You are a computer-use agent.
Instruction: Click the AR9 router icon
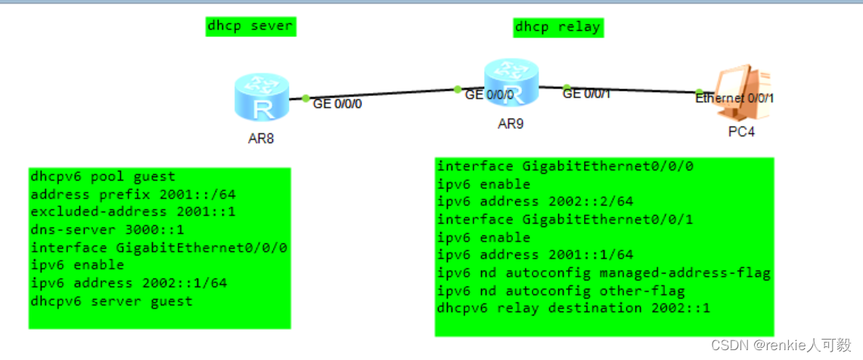[x=511, y=82]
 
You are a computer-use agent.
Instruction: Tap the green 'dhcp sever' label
[x=250, y=26]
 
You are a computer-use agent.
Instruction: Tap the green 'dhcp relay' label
[x=557, y=27]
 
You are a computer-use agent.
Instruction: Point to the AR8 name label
[x=260, y=139]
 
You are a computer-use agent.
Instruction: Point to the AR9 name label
[x=511, y=124]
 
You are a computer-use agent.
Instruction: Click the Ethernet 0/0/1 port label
[x=734, y=98]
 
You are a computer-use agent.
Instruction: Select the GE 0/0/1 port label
[x=586, y=94]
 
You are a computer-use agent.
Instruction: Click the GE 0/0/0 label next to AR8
[x=337, y=104]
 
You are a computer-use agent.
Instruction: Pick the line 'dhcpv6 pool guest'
[x=103, y=177]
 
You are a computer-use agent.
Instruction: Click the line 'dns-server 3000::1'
[x=107, y=228]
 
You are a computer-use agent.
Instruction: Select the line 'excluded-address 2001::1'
[x=133, y=211]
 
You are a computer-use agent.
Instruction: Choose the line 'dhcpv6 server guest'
[x=111, y=301]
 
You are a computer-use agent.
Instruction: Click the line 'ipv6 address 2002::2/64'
[x=535, y=201]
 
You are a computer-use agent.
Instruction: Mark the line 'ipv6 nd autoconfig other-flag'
[x=561, y=290]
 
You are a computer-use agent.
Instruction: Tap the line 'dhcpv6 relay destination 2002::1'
[x=575, y=308]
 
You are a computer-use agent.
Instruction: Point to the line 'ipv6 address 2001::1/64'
[x=535, y=255]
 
